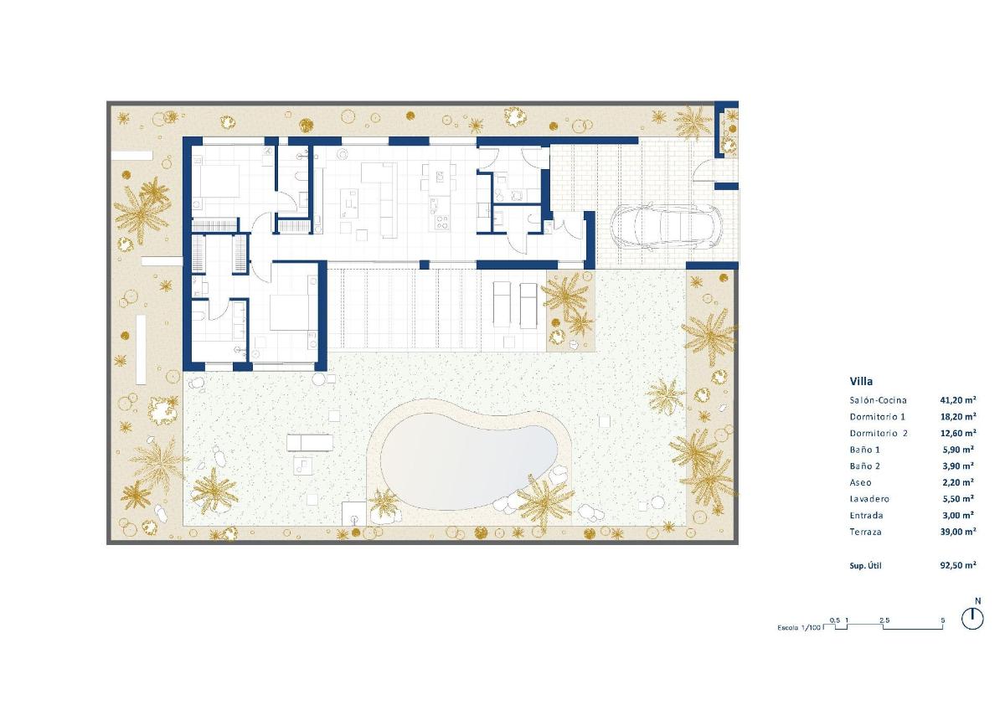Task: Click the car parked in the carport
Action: (x=667, y=226)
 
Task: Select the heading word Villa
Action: (x=862, y=381)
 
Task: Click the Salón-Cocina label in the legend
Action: (x=879, y=400)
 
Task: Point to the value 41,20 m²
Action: (x=958, y=400)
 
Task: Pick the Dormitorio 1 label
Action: (x=878, y=417)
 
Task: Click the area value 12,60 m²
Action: (x=958, y=433)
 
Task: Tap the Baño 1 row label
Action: (x=865, y=450)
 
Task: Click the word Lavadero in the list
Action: (x=869, y=499)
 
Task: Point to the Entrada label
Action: (x=867, y=516)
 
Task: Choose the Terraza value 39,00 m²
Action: (x=958, y=532)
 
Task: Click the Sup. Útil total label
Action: (x=866, y=566)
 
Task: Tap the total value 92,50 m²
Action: (x=958, y=566)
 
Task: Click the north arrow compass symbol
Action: (x=972, y=617)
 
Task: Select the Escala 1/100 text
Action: (x=800, y=628)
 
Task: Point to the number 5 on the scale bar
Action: (x=943, y=620)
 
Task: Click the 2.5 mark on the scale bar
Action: (x=884, y=620)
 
